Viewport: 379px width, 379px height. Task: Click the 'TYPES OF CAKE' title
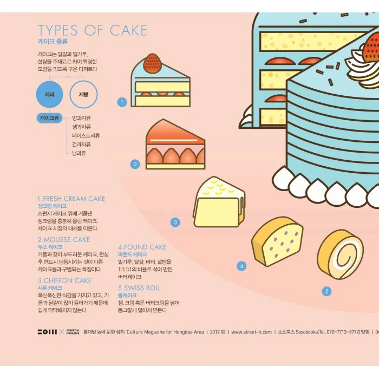92,30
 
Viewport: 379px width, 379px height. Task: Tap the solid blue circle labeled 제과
50,95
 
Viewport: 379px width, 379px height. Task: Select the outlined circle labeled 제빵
83,95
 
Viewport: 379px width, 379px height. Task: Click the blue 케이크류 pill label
50,117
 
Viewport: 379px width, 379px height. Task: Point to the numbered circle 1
122,102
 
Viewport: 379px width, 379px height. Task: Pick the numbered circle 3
175,222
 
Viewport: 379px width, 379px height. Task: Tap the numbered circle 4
241,266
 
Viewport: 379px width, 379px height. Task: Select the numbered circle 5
326,291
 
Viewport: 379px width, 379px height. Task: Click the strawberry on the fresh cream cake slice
153,65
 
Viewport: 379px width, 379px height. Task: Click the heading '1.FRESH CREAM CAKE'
71,199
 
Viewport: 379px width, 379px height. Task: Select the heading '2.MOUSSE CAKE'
63,239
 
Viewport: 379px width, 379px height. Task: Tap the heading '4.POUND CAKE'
142,247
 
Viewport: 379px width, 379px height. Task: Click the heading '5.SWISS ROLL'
139,288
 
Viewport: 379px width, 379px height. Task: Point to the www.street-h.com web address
251,332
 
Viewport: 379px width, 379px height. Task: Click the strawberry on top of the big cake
371,47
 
